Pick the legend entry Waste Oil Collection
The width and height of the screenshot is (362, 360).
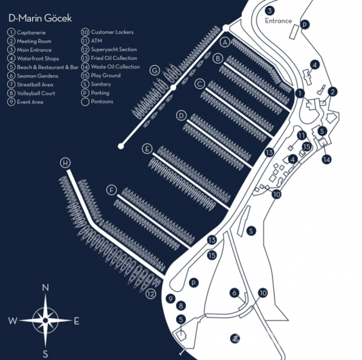115,67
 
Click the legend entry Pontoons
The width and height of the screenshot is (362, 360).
101,102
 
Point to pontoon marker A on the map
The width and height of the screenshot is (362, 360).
225,42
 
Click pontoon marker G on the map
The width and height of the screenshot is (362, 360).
154,70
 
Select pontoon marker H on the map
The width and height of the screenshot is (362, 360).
65,163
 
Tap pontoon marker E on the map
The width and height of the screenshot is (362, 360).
147,148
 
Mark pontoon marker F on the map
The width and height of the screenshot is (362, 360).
112,190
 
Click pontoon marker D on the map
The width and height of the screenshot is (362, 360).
182,116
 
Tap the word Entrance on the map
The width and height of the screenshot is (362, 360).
278,21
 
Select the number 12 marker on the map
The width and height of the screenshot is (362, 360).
151,294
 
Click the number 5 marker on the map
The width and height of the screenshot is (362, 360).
181,319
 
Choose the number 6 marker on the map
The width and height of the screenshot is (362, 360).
235,292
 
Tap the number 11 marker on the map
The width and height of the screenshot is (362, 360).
302,135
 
